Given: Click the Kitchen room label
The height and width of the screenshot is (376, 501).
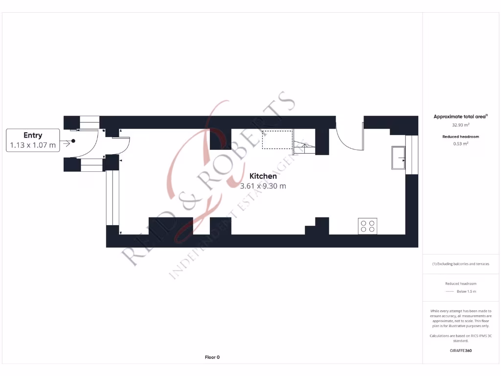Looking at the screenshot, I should tap(263, 176).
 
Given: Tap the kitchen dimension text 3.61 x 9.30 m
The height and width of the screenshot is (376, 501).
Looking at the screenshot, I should tap(263, 186).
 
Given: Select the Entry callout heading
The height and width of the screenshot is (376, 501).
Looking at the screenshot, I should tap(33, 135).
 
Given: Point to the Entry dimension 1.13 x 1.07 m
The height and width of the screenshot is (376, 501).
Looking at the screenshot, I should tap(33, 145).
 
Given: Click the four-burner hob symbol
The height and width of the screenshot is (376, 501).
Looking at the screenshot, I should tap(367, 226).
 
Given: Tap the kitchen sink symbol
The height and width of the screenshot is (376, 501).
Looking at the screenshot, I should tap(398, 157).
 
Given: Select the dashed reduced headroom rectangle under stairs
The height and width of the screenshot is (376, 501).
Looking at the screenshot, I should tap(277, 139).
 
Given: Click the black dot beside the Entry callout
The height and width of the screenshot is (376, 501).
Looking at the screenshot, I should tap(73, 141).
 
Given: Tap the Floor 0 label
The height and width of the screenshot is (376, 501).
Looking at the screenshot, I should tap(212, 357).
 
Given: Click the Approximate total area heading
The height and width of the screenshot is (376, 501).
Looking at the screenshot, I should tap(461, 117).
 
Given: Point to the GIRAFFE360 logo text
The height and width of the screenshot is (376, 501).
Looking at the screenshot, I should tap(460, 351).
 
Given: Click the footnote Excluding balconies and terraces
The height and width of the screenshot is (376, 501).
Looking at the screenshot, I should tap(460, 264).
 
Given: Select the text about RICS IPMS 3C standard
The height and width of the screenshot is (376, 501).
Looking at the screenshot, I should tap(460, 338).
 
